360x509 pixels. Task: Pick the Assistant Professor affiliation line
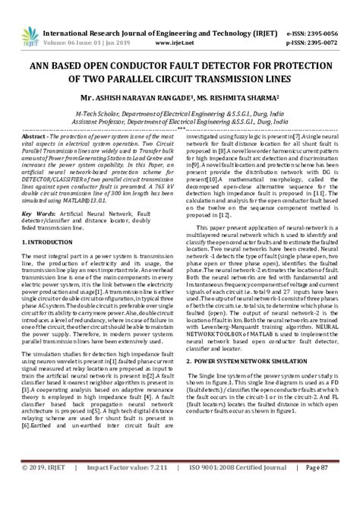[x=179, y=100]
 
